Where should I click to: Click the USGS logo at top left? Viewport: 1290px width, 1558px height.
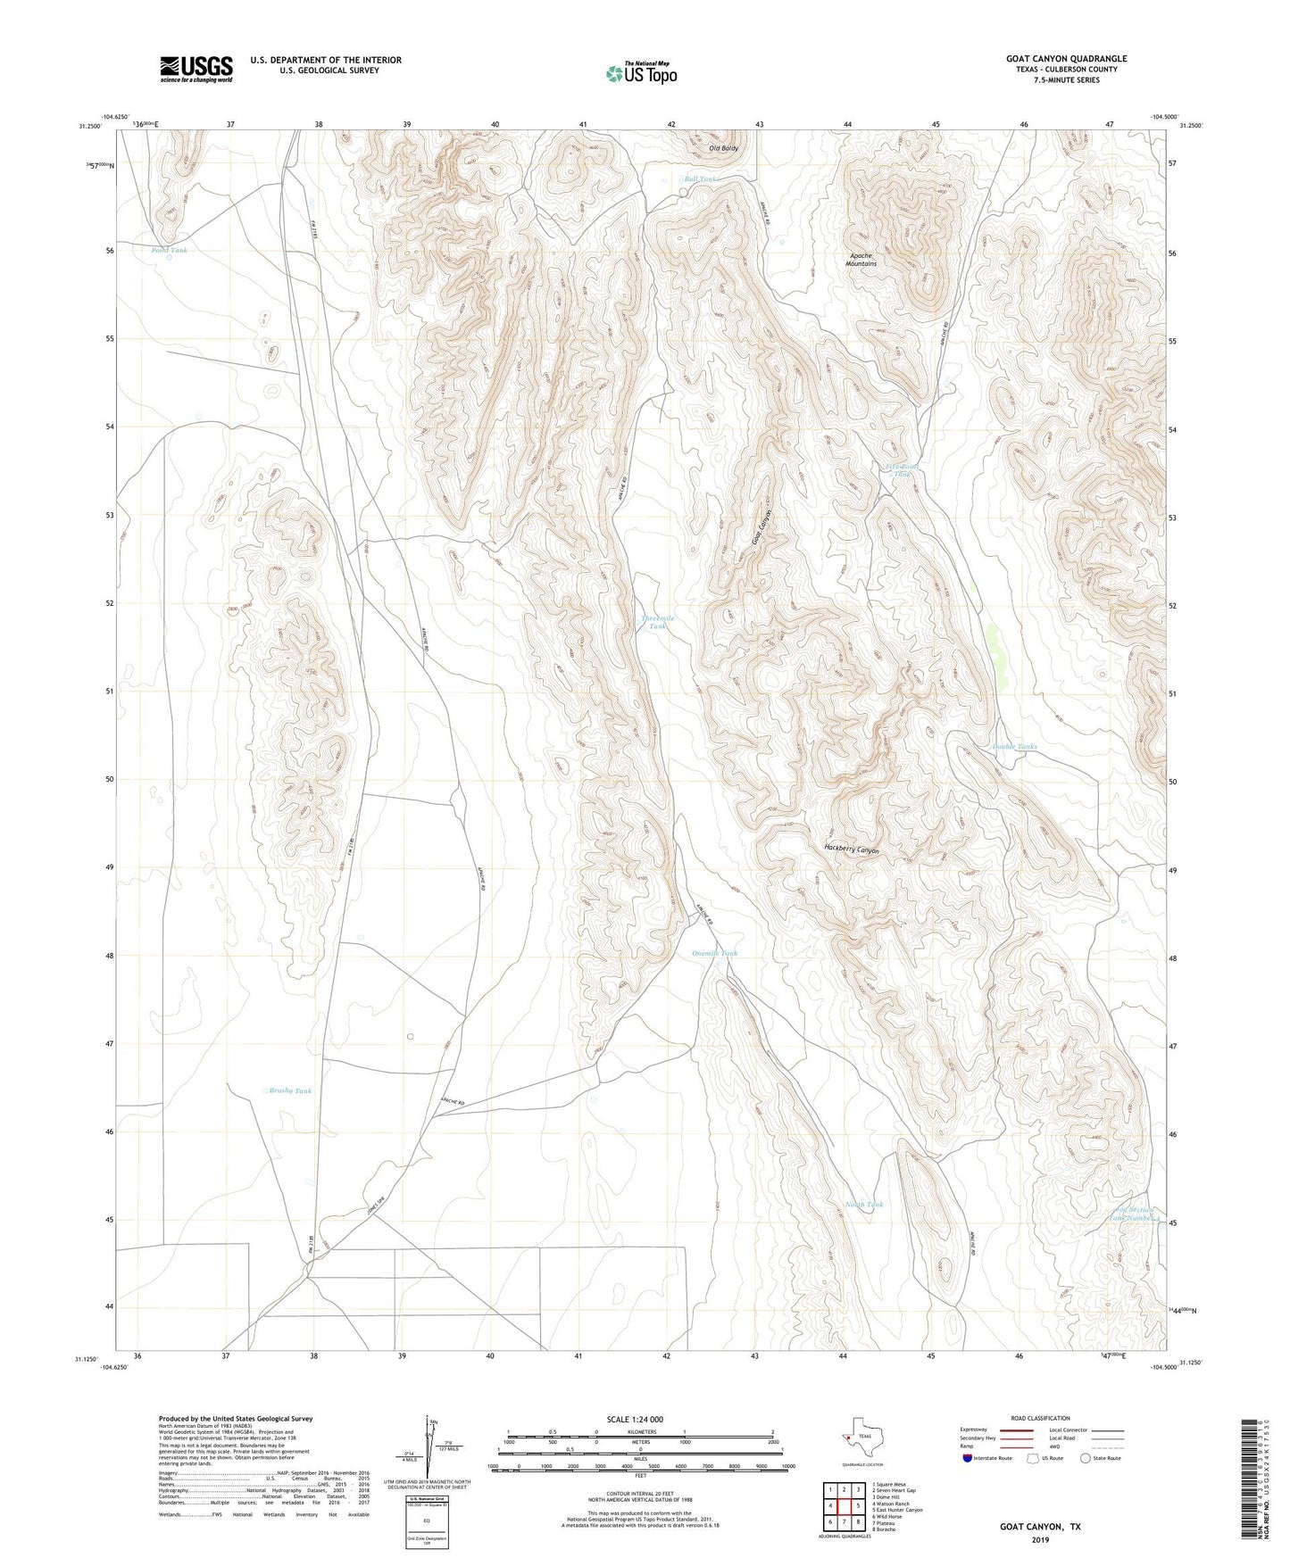pyautogui.click(x=196, y=69)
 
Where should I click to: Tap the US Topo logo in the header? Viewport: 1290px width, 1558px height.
pyautogui.click(x=641, y=73)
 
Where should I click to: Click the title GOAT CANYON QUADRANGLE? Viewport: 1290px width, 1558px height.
pyautogui.click(x=1066, y=59)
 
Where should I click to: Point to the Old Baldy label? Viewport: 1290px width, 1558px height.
pyautogui.click(x=723, y=148)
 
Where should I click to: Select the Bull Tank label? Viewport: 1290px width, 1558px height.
pyautogui.click(x=700, y=179)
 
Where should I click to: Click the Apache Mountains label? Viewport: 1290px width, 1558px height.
pyautogui.click(x=861, y=260)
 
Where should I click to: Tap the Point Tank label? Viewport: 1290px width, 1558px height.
pyautogui.click(x=169, y=251)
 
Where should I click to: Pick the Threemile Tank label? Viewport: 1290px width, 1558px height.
pyautogui.click(x=657, y=622)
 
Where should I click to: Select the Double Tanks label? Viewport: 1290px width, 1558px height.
pyautogui.click(x=1014, y=746)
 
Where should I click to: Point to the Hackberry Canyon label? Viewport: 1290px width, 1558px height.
pyautogui.click(x=852, y=850)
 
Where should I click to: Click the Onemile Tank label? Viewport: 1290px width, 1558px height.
pyautogui.click(x=714, y=953)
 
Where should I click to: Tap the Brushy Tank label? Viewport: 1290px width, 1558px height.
pyautogui.click(x=290, y=1090)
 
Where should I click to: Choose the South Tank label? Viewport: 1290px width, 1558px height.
pyautogui.click(x=863, y=1205)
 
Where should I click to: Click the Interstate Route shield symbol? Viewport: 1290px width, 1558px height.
pyautogui.click(x=969, y=1457)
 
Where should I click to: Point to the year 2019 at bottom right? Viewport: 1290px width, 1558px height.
pyautogui.click(x=1040, y=1539)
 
